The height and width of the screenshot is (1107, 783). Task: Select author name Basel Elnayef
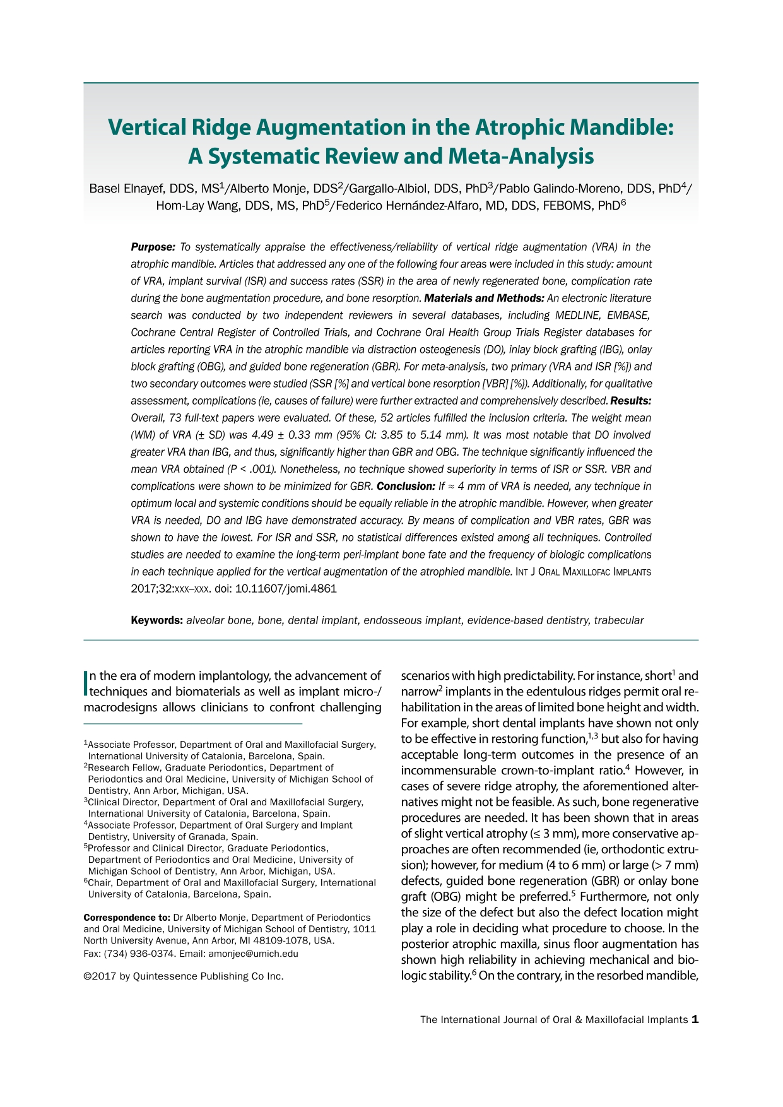click(x=129, y=189)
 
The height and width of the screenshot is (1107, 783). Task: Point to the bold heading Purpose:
click(x=153, y=247)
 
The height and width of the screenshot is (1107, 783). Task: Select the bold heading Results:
click(x=631, y=401)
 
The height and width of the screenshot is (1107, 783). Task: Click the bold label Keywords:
click(x=156, y=620)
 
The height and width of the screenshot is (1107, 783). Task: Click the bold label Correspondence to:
click(x=127, y=918)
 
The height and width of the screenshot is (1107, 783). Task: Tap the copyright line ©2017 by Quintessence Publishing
click(x=184, y=976)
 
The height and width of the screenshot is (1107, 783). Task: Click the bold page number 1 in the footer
click(x=695, y=1019)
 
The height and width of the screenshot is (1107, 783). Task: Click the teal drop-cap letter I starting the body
click(x=86, y=683)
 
